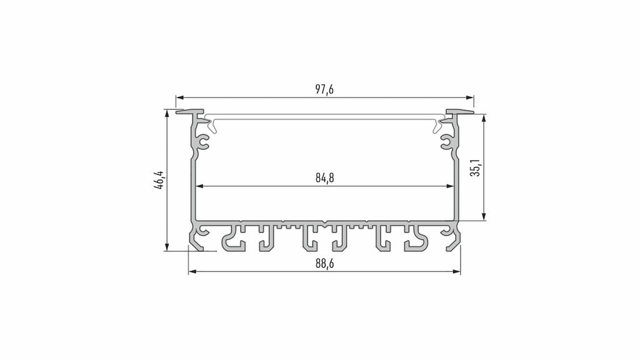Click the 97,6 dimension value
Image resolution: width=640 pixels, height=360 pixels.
(324, 90)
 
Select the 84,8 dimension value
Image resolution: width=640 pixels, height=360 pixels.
(324, 178)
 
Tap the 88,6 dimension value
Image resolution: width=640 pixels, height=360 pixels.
(324, 264)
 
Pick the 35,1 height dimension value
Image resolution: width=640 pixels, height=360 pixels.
(476, 167)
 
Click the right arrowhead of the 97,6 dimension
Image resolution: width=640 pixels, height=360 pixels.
(470, 98)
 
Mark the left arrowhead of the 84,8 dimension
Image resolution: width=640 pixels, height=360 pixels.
(200, 186)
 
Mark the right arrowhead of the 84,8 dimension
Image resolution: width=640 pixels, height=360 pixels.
(450, 186)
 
